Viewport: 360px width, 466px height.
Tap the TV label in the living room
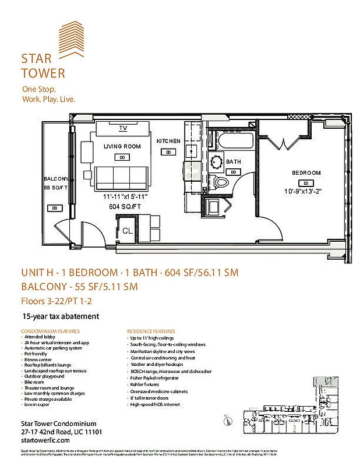[123, 128]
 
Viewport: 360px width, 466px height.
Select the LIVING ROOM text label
[122, 147]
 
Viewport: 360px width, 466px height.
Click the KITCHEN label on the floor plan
[168, 142]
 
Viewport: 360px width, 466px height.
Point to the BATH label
[234, 161]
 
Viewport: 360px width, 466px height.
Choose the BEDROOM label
[306, 173]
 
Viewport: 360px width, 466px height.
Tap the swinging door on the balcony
[63, 232]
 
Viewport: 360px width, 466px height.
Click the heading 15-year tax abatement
[61, 316]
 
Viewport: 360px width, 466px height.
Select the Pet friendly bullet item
[37, 353]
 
